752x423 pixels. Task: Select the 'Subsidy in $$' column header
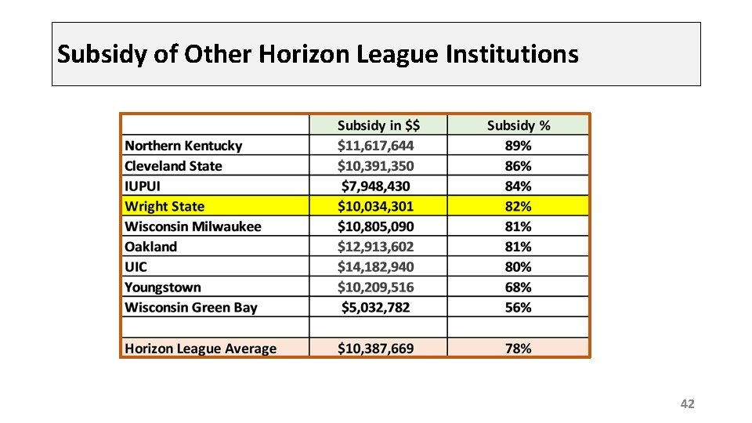[x=378, y=125]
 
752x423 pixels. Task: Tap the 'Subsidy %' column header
[x=519, y=125]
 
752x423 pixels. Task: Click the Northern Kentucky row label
[x=183, y=146]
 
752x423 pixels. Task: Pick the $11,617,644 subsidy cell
[x=375, y=146]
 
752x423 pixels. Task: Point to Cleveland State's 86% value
[x=518, y=166]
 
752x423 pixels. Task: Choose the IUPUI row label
[x=143, y=186]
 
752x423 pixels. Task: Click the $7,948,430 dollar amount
[x=375, y=186]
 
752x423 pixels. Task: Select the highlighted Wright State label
[x=164, y=206]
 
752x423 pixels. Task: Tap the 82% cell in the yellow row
[x=518, y=206]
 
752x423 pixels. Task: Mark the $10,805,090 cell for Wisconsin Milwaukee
[x=375, y=226]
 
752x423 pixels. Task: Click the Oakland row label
[x=150, y=247]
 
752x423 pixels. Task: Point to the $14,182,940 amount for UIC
[x=375, y=266]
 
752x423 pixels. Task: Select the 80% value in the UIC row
[x=518, y=266]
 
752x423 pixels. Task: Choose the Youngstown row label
[x=163, y=287]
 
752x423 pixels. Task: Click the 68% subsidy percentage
[x=518, y=287]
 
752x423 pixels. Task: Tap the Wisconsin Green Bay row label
[x=191, y=307]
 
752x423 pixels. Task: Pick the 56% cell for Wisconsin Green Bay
[x=518, y=307]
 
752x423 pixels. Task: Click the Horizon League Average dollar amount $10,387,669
[x=375, y=348]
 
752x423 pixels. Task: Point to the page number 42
[x=687, y=404]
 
